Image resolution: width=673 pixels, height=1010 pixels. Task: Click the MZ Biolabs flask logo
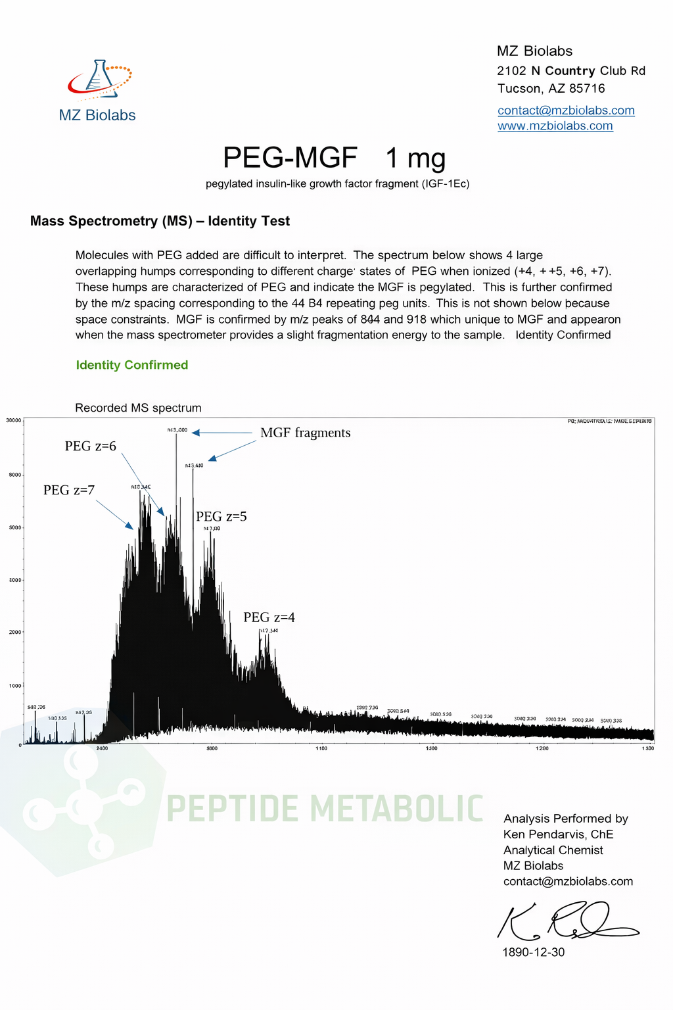[99, 80]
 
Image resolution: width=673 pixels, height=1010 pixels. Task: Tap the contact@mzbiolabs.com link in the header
[566, 110]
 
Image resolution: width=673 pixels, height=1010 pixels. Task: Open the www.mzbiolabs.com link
[555, 126]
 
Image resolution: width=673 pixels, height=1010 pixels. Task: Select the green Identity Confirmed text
[132, 365]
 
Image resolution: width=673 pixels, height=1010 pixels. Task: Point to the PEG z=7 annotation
[69, 490]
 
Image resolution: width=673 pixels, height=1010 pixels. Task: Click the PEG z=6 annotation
[90, 446]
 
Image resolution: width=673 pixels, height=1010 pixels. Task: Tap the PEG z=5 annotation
[221, 517]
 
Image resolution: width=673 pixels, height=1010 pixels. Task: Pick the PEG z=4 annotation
[269, 617]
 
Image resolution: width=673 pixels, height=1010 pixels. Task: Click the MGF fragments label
[306, 433]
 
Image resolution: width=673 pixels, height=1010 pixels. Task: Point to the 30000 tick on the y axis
[14, 420]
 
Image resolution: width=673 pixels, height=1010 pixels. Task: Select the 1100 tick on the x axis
[321, 748]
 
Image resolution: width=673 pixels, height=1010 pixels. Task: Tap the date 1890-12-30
[533, 952]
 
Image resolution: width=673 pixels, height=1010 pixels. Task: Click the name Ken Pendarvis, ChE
[558, 834]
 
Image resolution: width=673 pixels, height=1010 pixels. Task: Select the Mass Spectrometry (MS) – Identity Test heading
[160, 221]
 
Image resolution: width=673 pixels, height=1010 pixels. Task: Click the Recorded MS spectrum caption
[138, 408]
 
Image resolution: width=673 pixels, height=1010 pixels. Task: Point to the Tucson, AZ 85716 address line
[551, 89]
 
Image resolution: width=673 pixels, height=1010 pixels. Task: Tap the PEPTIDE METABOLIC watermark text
[325, 808]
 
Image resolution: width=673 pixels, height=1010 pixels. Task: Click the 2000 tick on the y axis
[14, 633]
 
